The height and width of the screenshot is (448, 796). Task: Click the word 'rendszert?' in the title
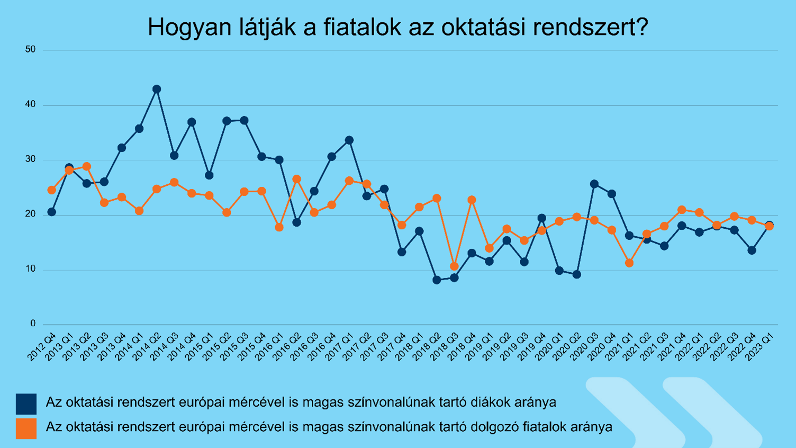pyautogui.click(x=591, y=27)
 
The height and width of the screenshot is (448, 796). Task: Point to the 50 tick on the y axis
pyautogui.click(x=30, y=50)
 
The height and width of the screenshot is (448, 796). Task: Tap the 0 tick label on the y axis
pyautogui.click(x=33, y=324)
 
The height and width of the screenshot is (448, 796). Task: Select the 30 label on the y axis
pyautogui.click(x=30, y=159)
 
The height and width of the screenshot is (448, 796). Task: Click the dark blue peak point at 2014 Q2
pyautogui.click(x=157, y=89)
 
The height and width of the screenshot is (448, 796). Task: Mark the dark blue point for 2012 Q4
pyautogui.click(x=51, y=212)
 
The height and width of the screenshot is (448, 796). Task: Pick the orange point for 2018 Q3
pyautogui.click(x=454, y=266)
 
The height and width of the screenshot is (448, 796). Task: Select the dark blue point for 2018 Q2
pyautogui.click(x=437, y=280)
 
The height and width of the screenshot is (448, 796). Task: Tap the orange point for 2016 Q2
pyautogui.click(x=297, y=180)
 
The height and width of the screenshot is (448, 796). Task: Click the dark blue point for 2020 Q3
pyautogui.click(x=594, y=184)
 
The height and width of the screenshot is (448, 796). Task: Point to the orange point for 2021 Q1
pyautogui.click(x=629, y=263)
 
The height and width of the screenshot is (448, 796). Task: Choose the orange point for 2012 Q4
pyautogui.click(x=51, y=190)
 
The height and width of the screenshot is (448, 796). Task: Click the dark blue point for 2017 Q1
pyautogui.click(x=349, y=140)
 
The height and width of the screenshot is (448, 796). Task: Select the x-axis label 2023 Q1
pyautogui.click(x=759, y=347)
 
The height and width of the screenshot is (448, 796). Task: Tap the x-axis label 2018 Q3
pyautogui.click(x=445, y=347)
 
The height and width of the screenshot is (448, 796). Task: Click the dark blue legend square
pyautogui.click(x=26, y=404)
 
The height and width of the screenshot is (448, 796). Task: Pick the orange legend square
pyautogui.click(x=26, y=428)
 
